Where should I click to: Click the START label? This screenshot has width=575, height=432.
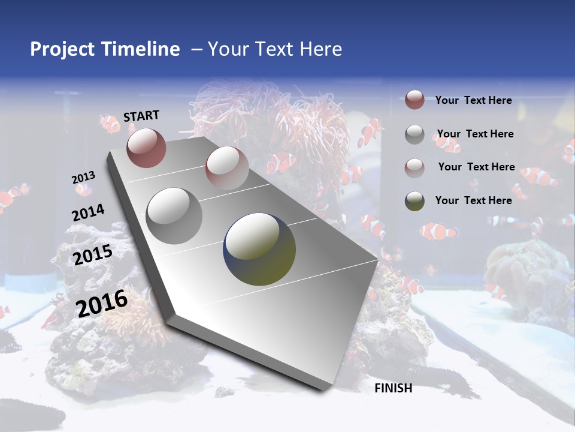tap(141, 115)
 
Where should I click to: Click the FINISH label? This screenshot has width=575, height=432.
tap(393, 388)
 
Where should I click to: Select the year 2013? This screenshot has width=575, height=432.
tap(83, 177)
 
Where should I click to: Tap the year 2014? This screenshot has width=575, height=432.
tap(89, 212)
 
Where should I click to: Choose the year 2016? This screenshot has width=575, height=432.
tap(102, 304)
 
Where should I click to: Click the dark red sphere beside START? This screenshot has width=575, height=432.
tap(146, 148)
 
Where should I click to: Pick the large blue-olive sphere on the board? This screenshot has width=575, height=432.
tap(260, 249)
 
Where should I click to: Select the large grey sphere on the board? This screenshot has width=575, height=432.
tap(174, 215)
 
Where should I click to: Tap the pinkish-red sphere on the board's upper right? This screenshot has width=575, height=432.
tap(227, 168)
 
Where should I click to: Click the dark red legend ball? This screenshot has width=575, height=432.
tap(414, 100)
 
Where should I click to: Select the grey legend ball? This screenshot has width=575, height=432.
tap(414, 134)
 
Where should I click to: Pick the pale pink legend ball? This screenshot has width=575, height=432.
tap(414, 167)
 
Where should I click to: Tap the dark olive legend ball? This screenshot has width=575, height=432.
tap(414, 201)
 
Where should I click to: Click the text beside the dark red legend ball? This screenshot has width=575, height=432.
tap(473, 100)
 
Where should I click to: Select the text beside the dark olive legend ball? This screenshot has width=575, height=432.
tap(473, 200)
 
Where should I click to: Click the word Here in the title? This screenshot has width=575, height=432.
tap(320, 49)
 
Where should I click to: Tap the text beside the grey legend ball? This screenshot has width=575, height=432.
tap(475, 134)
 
